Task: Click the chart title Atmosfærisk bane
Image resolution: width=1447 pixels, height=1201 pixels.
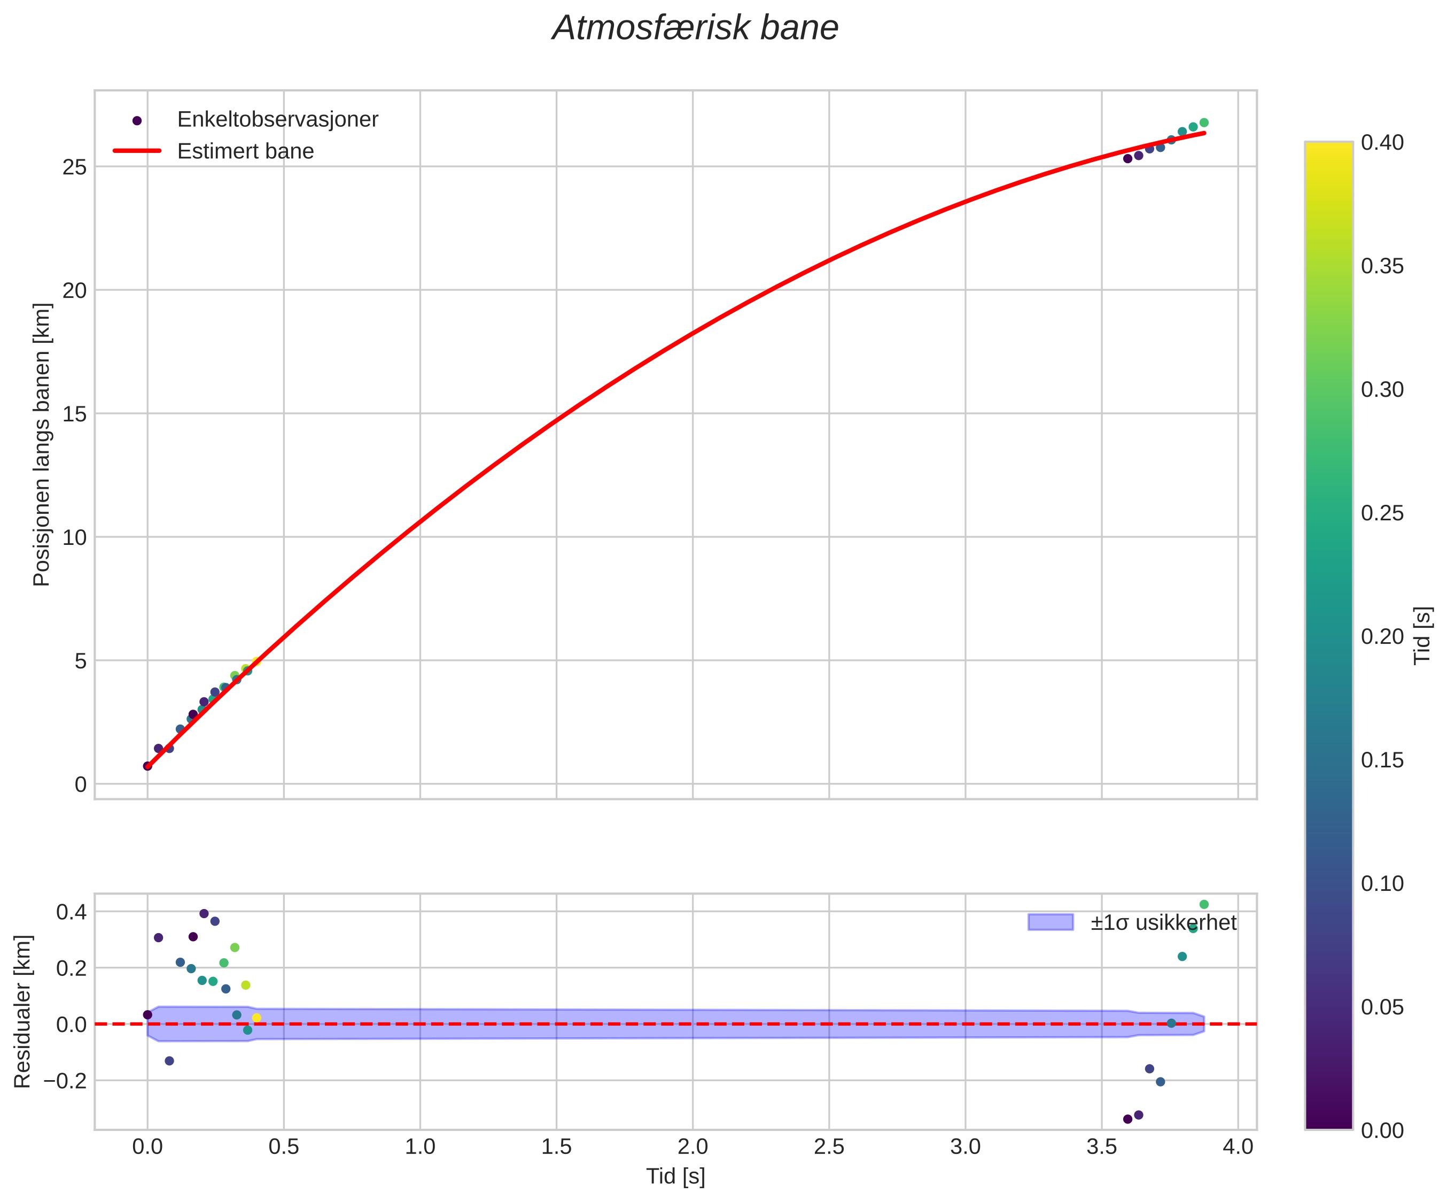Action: [x=695, y=29]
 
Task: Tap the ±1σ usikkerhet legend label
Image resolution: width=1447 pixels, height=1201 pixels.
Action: [x=1163, y=922]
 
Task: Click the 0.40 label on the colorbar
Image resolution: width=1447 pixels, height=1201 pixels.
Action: [x=1382, y=143]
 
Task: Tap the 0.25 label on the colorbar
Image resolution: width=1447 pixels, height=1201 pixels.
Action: [x=1382, y=514]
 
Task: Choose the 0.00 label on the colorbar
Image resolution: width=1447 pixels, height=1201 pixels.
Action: [x=1382, y=1131]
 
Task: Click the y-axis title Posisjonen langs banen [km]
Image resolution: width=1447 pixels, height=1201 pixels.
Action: [x=42, y=445]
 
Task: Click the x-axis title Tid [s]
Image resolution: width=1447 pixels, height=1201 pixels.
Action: [x=675, y=1177]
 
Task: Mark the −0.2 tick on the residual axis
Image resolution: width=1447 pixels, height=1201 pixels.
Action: [x=66, y=1080]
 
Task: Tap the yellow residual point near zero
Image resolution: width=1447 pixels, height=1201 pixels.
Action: [x=256, y=1018]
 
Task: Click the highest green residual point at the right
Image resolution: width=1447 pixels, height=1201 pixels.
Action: [x=1204, y=905]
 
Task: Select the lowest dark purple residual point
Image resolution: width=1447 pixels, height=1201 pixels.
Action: [x=1127, y=1119]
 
